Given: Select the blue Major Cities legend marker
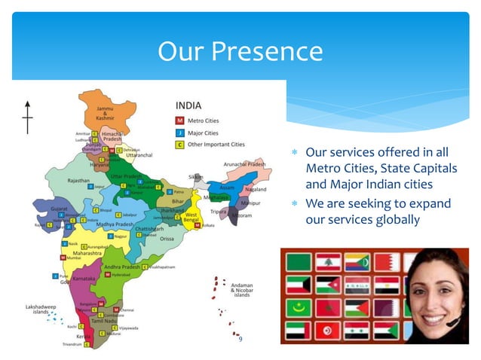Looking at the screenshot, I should [x=180, y=132].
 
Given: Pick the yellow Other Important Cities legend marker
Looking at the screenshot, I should [x=180, y=143].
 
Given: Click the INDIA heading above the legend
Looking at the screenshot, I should [x=188, y=105].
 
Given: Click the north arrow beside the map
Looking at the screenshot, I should [x=28, y=116].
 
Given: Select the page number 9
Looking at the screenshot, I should [x=240, y=340].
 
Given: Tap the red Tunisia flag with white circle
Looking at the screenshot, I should [x=325, y=331].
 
